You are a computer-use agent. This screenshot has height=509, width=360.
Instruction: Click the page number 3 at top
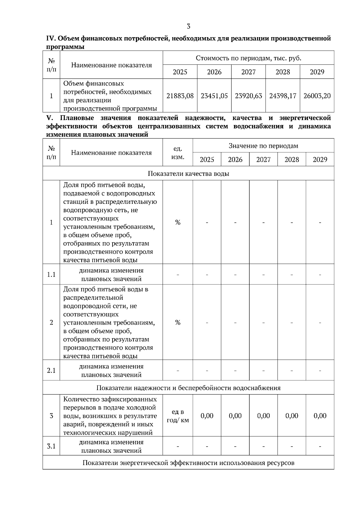point(188,27)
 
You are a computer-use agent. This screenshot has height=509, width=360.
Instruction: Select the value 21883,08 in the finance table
point(180,96)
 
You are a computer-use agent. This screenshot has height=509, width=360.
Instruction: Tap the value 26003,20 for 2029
point(317,96)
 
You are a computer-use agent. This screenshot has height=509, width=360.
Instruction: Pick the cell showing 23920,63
point(248,96)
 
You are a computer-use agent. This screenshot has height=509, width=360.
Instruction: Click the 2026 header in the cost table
point(214,72)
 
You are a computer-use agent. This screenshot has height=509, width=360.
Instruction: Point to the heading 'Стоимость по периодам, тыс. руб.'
point(248,58)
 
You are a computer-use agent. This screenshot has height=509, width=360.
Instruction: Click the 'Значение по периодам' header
point(263,146)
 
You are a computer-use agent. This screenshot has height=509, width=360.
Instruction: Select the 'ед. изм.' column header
point(178,153)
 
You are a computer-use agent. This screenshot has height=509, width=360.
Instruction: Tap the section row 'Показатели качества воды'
point(188,174)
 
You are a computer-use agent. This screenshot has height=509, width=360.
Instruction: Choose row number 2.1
point(51,371)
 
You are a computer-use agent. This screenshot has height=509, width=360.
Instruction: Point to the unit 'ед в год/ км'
point(178,416)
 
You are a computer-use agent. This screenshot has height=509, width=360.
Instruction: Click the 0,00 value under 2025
point(207,416)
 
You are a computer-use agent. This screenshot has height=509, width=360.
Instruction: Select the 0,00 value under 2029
point(320,416)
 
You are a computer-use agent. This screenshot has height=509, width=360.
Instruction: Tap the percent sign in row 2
point(178,323)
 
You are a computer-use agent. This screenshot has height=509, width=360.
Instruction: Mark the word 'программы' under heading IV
point(65,47)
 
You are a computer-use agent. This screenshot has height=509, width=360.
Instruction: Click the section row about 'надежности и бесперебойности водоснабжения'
point(188,388)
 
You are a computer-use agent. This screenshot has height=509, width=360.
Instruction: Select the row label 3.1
point(51,446)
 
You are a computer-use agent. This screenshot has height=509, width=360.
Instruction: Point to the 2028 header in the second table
point(292,159)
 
